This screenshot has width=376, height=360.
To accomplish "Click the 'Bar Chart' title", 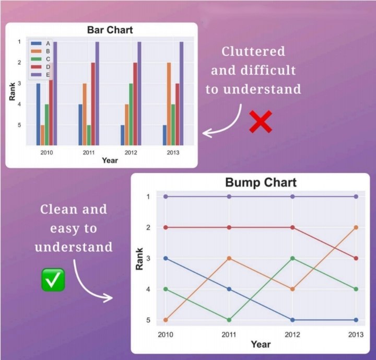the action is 110,30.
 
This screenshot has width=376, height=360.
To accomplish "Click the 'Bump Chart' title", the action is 261,182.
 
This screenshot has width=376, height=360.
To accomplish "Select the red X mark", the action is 261,122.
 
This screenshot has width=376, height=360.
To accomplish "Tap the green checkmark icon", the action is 53,280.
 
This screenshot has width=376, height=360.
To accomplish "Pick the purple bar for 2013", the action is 182,94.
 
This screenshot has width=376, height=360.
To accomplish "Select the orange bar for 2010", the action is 42,135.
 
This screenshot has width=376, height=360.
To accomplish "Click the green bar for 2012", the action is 131,114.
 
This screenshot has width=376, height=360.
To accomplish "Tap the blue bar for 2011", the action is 80,125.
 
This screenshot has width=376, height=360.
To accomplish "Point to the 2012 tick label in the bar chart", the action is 131,153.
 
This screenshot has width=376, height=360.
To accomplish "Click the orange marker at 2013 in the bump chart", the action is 356,227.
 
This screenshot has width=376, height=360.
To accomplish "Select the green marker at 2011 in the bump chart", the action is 229,320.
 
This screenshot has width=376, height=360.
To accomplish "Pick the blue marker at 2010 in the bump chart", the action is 166,258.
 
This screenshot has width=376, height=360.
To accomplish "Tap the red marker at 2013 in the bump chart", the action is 356,258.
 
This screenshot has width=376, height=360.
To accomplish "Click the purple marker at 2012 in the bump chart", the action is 292,196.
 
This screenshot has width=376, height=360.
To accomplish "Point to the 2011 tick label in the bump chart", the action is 229,334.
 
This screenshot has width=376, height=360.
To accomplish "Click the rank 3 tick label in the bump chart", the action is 148,258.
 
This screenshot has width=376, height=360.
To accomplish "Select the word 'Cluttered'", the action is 253,51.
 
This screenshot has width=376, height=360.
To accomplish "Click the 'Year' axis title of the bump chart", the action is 261,344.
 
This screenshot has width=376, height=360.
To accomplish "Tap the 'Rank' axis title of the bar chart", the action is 12,91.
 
